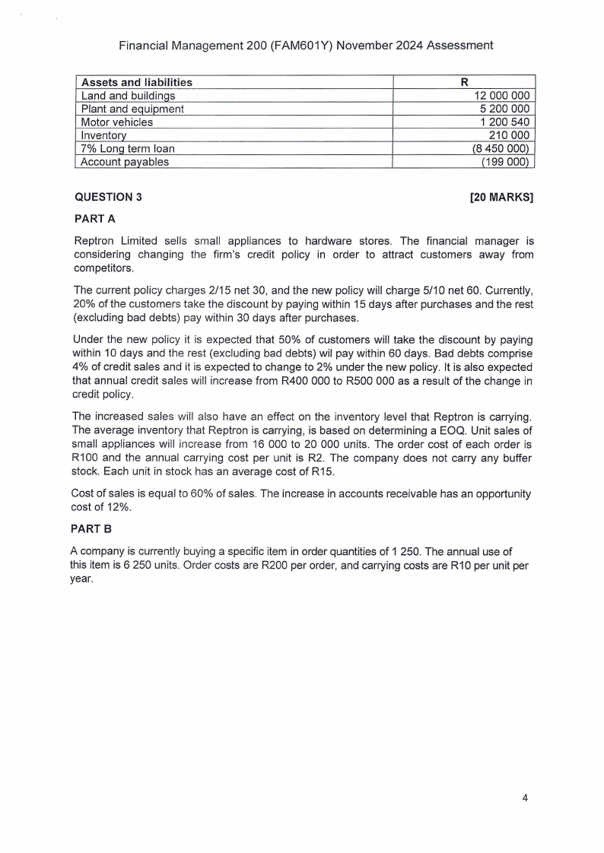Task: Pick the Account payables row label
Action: tap(125, 161)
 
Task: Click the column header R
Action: tap(464, 82)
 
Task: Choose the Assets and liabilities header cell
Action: tap(137, 82)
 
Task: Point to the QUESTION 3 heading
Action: tap(108, 198)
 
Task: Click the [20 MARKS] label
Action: tap(503, 198)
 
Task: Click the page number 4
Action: tap(525, 798)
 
